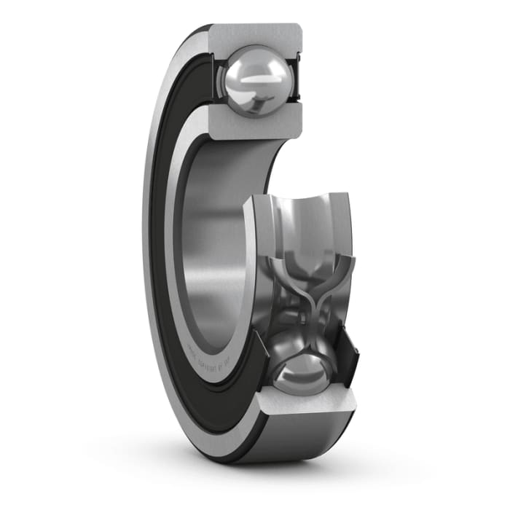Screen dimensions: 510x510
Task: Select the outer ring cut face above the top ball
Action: coord(255,36)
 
